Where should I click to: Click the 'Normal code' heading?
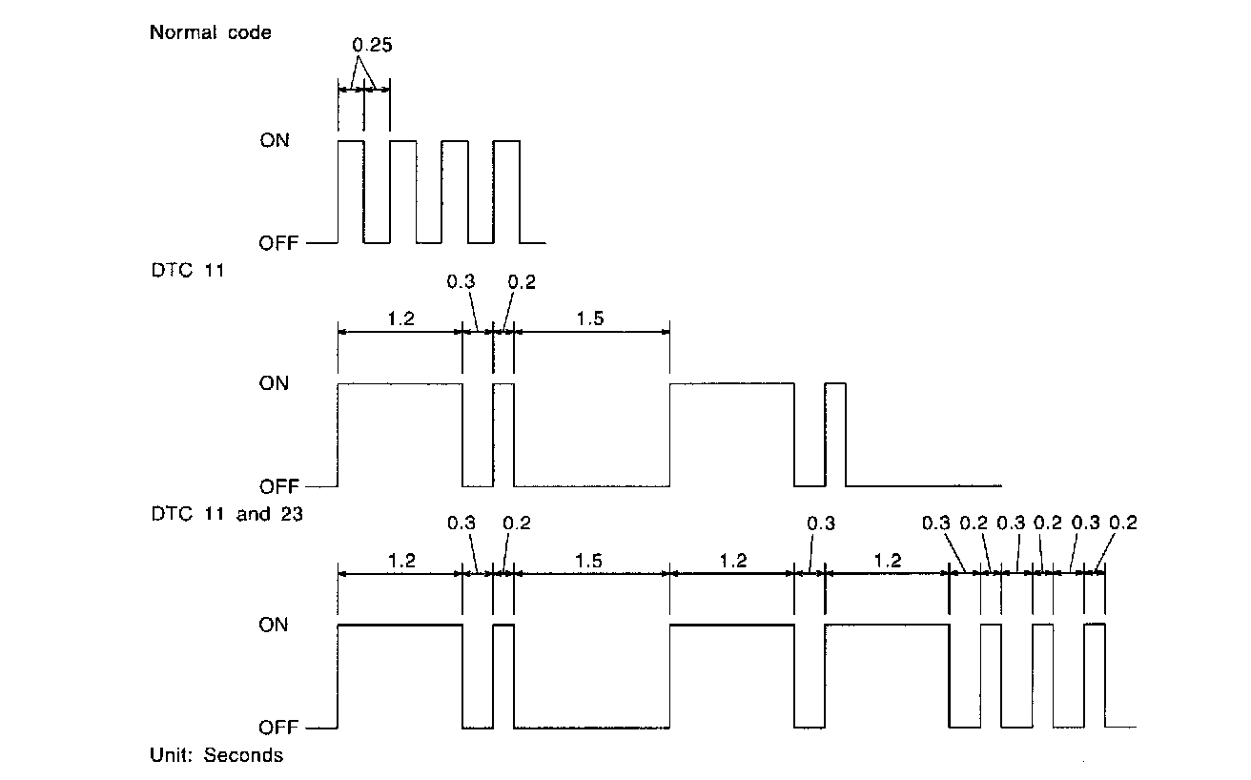210,33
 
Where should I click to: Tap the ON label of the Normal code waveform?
275,141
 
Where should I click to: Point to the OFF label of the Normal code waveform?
277,243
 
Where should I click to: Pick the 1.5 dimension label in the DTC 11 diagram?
589,318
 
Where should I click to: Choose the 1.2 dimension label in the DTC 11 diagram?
400,318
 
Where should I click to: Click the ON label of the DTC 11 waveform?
275,384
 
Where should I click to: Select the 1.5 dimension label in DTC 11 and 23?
589,560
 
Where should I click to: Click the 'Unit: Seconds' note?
216,755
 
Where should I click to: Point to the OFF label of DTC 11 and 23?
277,728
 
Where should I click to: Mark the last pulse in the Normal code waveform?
507,191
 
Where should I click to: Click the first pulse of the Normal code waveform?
351,191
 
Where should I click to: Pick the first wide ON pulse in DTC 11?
400,434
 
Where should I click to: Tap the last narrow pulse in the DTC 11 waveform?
835,434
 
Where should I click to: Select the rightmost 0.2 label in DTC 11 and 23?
1123,523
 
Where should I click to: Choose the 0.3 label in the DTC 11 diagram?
461,282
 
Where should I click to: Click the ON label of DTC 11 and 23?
275,626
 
